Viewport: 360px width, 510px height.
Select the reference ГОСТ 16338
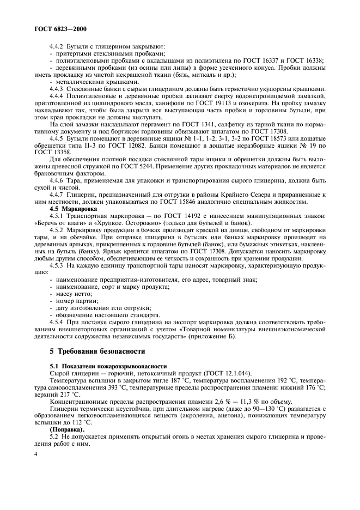tap(303, 60)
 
